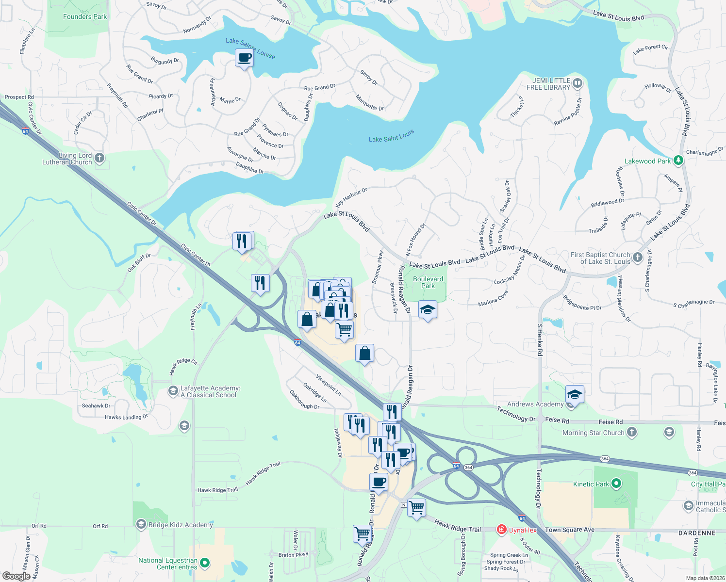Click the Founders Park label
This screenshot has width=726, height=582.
tap(85, 16)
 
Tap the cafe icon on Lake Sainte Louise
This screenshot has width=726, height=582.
tap(245, 58)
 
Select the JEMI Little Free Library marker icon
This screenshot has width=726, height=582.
tap(577, 83)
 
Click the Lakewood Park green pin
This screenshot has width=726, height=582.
tap(678, 161)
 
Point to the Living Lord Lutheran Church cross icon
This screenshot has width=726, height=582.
tap(99, 158)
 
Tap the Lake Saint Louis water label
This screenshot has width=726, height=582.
tap(391, 136)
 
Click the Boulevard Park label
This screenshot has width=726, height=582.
tap(428, 282)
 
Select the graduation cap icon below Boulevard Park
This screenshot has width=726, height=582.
tap(428, 309)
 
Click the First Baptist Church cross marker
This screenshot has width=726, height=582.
tap(638, 257)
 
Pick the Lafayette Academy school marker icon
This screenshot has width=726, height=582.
tap(173, 390)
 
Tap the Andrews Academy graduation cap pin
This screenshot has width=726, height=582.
tap(575, 394)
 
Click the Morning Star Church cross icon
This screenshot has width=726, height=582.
tap(632, 432)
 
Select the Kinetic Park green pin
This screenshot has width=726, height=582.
tap(616, 484)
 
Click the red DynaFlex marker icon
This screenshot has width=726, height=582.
tap(502, 530)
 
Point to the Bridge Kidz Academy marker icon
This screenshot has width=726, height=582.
tap(141, 524)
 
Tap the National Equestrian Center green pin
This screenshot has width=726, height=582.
tap(205, 563)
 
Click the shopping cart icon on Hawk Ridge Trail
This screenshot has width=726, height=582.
tap(417, 508)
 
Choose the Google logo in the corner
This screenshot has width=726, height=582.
tap(16, 576)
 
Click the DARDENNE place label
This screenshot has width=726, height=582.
tap(697, 533)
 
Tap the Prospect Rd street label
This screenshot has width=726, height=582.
tap(19, 97)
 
